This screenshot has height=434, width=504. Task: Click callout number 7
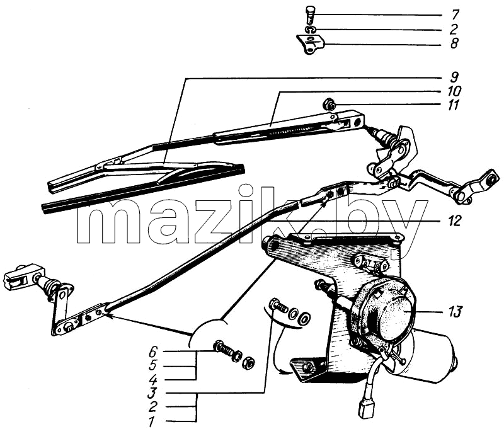pos(455,14)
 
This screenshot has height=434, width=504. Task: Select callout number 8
pos(454,43)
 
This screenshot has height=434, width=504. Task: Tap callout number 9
pos(454,77)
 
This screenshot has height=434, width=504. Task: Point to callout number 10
pos(454,91)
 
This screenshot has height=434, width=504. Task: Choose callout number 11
pos(453,105)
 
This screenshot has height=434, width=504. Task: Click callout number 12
pos(454,221)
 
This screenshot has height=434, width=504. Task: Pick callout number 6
pos(153,351)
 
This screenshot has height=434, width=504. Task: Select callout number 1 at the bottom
pos(151,421)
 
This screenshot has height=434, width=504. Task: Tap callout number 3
pos(152,393)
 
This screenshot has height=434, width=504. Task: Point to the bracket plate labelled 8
pos(310,45)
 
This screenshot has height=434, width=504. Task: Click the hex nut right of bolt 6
pos(249,362)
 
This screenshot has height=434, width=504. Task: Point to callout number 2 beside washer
pos(454,29)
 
